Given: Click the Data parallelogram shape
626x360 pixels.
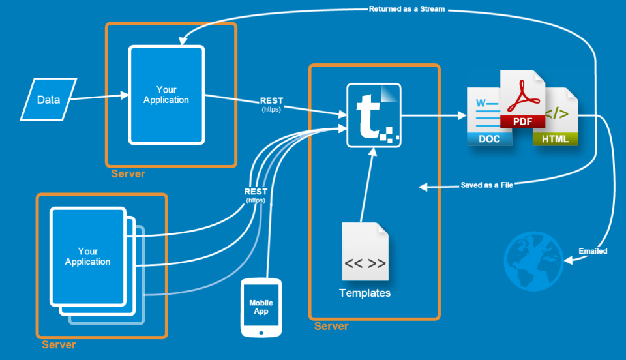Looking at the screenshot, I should click(48, 99).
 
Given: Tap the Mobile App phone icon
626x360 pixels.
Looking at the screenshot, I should click(261, 307).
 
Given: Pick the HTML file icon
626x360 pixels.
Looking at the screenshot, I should click(556, 117).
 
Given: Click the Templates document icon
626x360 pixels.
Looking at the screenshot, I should click(365, 252).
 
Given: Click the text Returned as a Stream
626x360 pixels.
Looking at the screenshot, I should click(407, 9).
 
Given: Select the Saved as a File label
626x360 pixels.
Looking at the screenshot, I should click(486, 185).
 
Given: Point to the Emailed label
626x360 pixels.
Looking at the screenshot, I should click(593, 251).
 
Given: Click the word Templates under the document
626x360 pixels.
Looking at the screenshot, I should click(365, 293).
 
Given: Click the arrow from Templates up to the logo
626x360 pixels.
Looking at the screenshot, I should click(366, 186).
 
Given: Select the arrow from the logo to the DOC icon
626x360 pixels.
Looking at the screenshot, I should click(433, 116).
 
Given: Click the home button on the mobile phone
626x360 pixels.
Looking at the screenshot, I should click(261, 331).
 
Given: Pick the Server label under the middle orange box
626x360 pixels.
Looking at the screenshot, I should click(331, 326).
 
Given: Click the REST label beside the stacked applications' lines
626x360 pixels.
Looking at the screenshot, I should click(255, 192).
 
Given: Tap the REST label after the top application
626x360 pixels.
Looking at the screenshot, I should click(271, 101).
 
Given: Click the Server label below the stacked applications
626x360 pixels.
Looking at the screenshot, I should click(59, 344).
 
